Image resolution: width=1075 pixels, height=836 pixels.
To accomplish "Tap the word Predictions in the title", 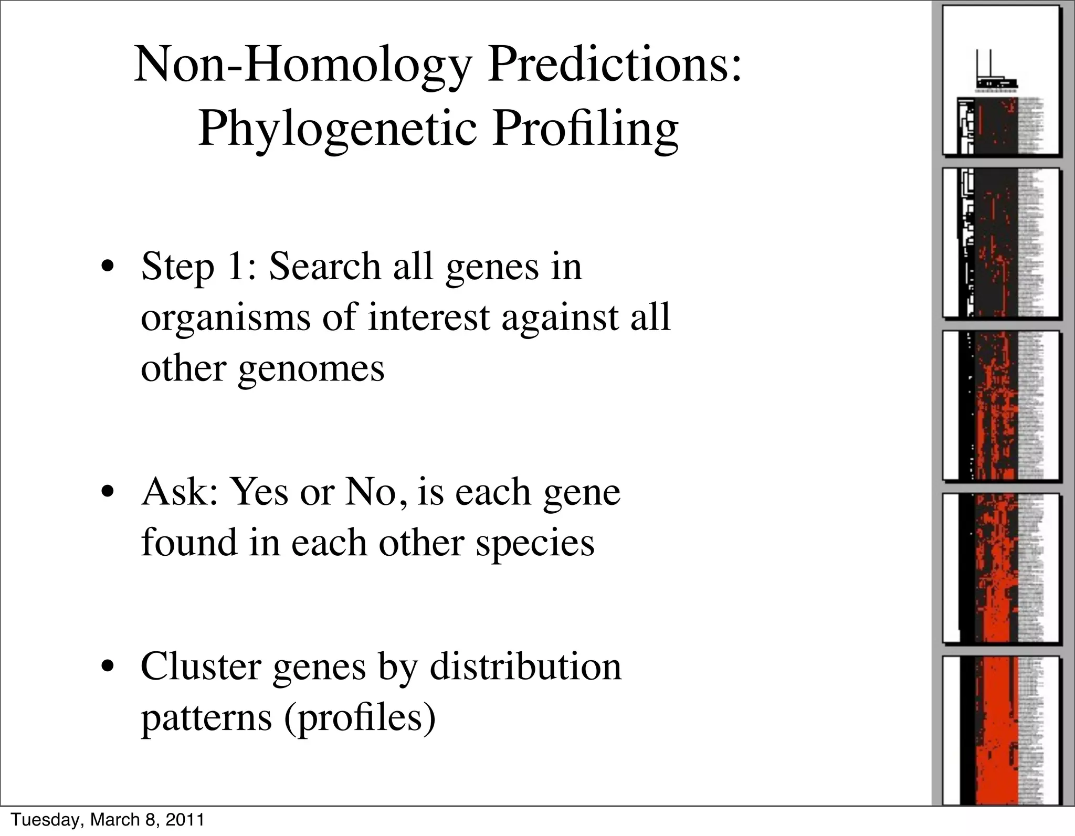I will tap(614, 65).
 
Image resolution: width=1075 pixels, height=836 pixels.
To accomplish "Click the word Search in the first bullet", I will tap(325, 266).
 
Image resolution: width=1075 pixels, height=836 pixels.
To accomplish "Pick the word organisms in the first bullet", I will tap(226, 318).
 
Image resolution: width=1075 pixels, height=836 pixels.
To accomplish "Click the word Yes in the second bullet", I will tap(259, 493).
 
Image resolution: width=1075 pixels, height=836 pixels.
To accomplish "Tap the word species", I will tap(535, 544).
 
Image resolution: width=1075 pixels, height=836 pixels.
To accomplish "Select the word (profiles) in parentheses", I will tap(360, 718).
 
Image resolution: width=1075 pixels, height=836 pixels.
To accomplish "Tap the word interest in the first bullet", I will tap(428, 318).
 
